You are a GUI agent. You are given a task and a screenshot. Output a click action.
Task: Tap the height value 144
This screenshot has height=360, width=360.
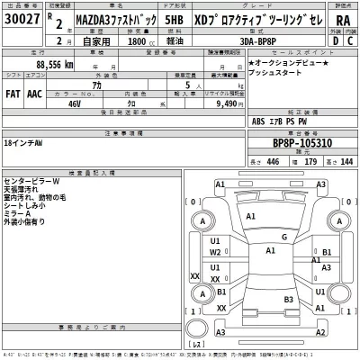click(346, 161)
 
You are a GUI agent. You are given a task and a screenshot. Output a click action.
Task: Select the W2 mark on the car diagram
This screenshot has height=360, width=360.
click(215, 253)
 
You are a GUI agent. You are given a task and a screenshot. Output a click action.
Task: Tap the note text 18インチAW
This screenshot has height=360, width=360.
click(27, 143)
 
